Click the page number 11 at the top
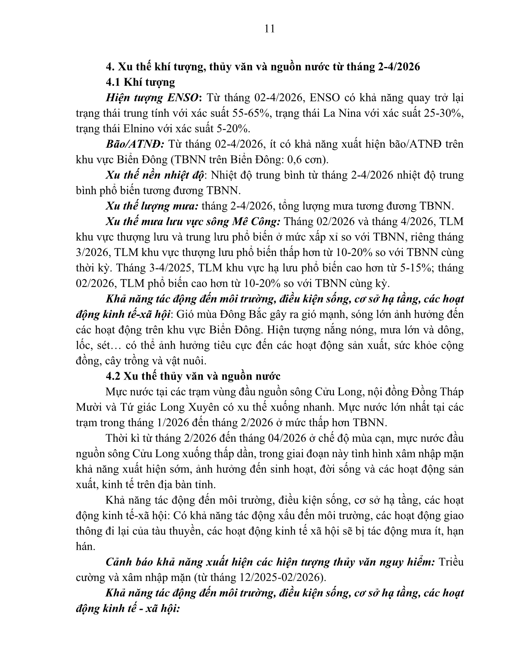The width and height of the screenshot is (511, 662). (x=270, y=28)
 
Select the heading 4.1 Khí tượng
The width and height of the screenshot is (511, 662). (x=140, y=82)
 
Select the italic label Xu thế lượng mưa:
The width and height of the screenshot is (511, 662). (x=152, y=206)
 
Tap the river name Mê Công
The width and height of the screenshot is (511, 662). (x=260, y=221)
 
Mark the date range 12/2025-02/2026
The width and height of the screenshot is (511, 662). (x=277, y=577)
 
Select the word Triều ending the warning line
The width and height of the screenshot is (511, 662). (x=451, y=562)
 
